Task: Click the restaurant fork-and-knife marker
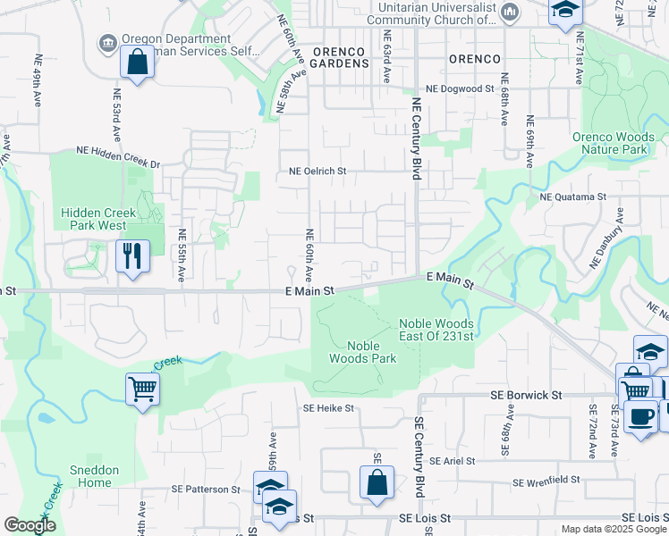[131, 257]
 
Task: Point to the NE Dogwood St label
[460, 89]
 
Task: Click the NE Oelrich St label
[318, 171]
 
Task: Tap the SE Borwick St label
[525, 394]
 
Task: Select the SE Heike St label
[328, 408]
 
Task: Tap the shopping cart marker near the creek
[143, 390]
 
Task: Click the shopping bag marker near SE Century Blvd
[377, 482]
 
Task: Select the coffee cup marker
[640, 417]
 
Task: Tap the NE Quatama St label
[573, 197]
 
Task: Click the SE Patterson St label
[206, 490]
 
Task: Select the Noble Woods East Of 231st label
[436, 330]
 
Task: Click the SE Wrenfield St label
[546, 482]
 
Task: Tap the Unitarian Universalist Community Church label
[436, 13]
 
